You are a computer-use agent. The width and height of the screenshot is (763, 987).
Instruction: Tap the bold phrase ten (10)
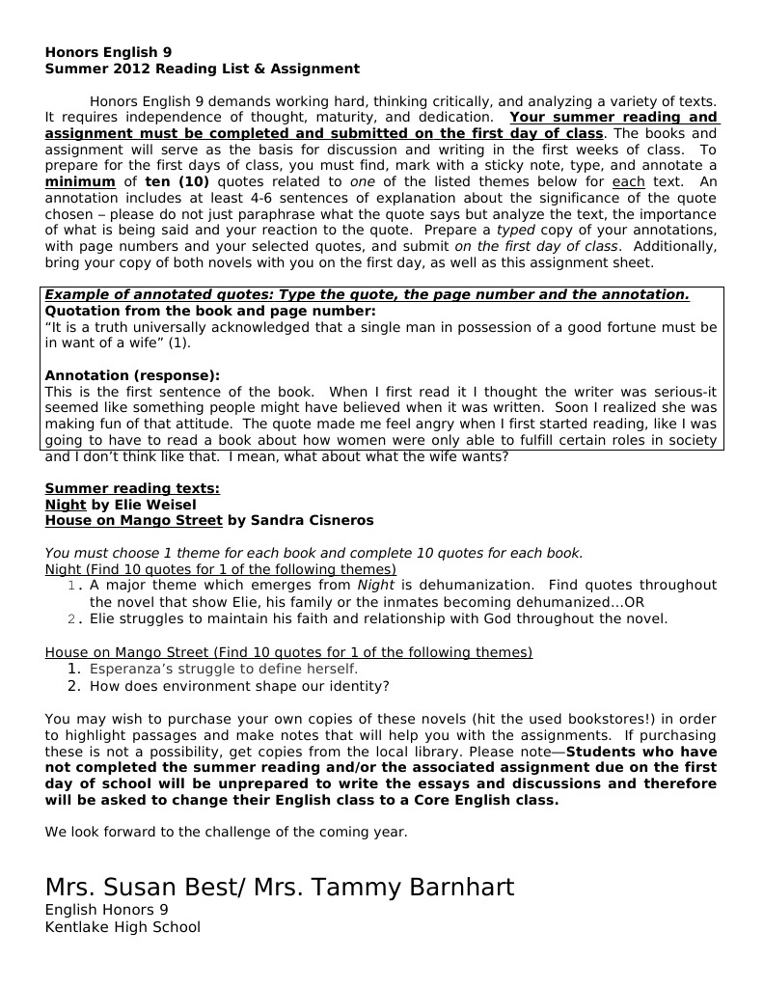tap(177, 181)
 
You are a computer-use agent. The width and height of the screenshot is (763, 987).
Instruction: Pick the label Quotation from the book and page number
tap(210, 312)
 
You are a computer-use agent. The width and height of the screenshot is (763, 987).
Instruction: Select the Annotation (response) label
tap(132, 375)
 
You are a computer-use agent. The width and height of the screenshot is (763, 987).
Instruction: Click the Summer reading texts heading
tap(132, 489)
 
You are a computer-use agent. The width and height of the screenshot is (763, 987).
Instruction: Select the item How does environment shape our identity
tap(239, 686)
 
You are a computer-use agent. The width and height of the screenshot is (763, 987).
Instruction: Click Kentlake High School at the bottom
tap(123, 927)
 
